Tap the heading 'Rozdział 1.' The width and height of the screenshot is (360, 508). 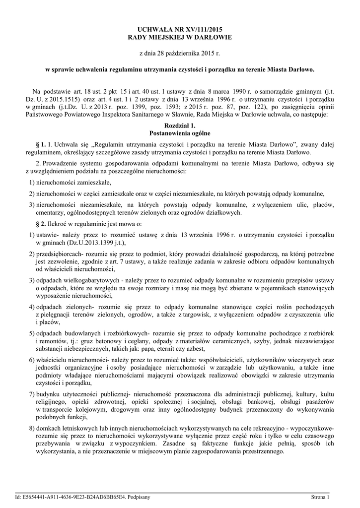coord(180,126)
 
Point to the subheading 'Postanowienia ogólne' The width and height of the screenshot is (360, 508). coord(180,133)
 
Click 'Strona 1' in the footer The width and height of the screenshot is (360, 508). coord(320,496)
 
